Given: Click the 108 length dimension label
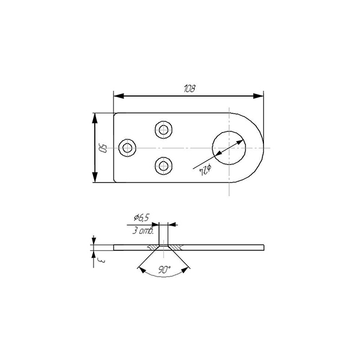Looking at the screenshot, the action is pyautogui.click(x=190, y=88).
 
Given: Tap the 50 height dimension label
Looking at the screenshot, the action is pyautogui.click(x=102, y=148).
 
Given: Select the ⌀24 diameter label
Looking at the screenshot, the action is pyautogui.click(x=205, y=170).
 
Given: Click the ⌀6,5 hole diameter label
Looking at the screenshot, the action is pyautogui.click(x=142, y=217).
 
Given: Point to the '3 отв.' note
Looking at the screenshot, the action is pyautogui.click(x=143, y=230).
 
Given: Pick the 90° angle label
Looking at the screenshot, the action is pyautogui.click(x=164, y=269).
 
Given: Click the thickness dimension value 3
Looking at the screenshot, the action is pyautogui.click(x=101, y=260).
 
